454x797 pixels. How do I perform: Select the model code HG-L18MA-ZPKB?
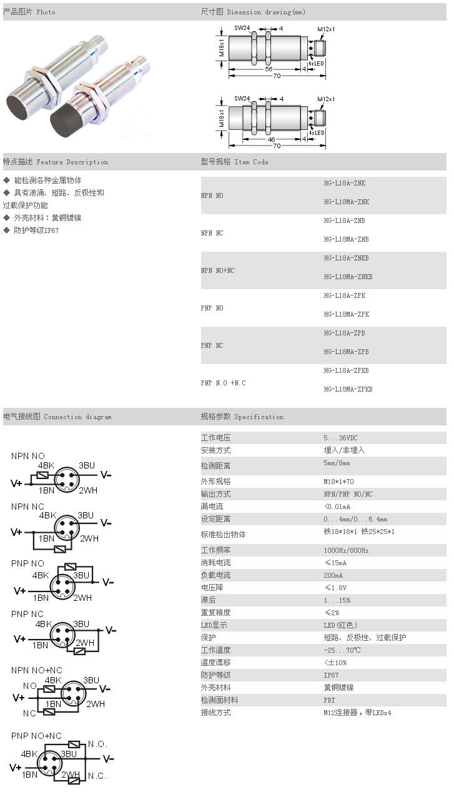348,389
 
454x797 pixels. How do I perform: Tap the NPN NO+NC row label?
218,270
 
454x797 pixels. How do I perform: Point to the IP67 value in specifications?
332,675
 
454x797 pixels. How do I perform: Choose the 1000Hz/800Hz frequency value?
346,550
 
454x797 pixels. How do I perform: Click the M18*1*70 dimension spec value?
338,482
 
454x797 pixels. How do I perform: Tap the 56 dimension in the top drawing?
269,69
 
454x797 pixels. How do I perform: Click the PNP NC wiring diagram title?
27,614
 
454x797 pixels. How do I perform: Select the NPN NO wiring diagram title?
28,456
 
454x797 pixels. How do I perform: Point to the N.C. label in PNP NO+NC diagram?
97,776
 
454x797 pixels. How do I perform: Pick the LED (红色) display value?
340,625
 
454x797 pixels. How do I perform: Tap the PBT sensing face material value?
329,700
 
